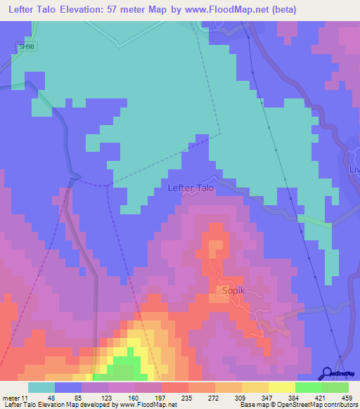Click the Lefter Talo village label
[191, 188]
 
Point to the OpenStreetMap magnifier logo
[328, 373]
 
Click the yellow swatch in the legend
[281, 388]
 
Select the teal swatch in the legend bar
[41, 388]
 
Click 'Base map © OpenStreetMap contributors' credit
[297, 404]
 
